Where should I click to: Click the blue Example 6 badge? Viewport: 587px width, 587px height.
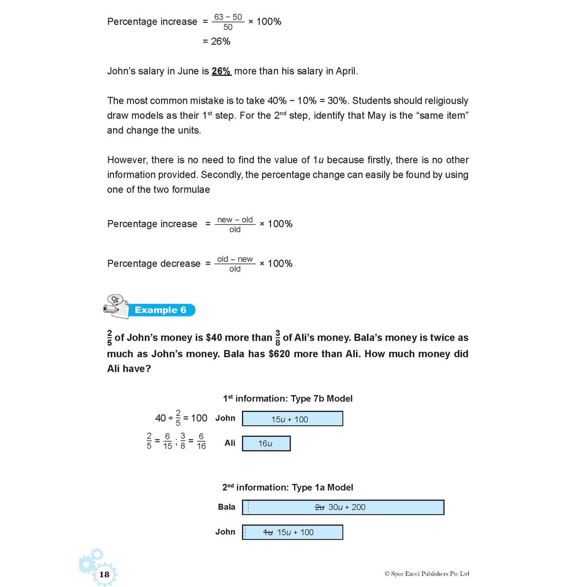click(x=161, y=310)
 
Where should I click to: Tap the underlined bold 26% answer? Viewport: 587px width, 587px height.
click(x=221, y=71)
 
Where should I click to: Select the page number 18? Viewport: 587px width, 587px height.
click(x=104, y=574)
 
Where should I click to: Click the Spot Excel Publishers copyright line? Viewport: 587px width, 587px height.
click(x=427, y=573)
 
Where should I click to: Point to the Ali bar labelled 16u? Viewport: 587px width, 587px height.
click(x=266, y=443)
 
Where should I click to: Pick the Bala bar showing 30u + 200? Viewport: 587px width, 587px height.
click(x=343, y=507)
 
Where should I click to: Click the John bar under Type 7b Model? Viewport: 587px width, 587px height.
click(x=292, y=419)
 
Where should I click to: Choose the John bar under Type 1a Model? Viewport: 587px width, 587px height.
click(x=292, y=532)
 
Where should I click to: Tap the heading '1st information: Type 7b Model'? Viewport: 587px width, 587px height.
click(x=288, y=398)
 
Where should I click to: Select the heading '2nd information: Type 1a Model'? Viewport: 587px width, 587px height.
click(x=288, y=487)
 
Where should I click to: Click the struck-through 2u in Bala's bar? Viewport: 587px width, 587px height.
click(x=320, y=507)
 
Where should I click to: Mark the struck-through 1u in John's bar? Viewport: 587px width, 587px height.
click(x=268, y=532)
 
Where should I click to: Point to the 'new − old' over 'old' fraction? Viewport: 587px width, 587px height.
click(x=235, y=224)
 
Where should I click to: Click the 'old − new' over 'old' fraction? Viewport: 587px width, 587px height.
click(x=235, y=264)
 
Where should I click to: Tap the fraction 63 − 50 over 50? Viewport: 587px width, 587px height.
click(x=228, y=22)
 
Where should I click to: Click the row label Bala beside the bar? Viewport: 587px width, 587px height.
click(x=226, y=507)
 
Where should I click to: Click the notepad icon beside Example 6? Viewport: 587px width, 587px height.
click(x=116, y=306)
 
